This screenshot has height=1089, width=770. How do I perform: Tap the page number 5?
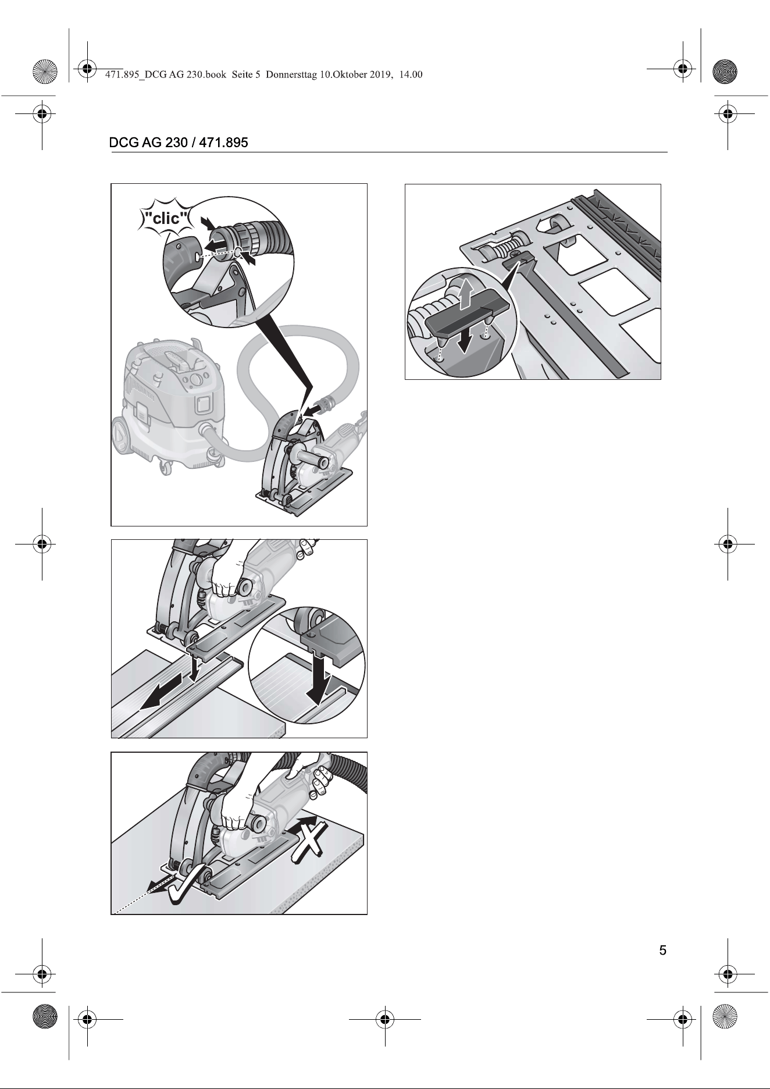tap(662, 951)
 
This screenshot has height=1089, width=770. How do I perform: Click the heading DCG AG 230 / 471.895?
tap(179, 143)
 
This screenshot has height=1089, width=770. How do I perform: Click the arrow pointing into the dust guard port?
tap(311, 410)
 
